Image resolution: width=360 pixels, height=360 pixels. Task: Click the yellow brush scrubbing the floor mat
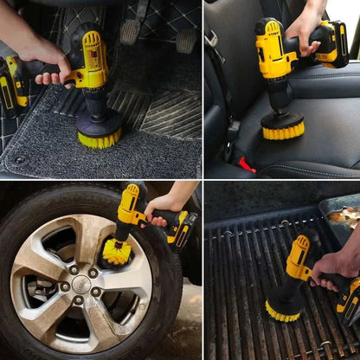(x=99, y=138)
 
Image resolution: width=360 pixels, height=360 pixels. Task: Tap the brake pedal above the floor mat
(x=130, y=31)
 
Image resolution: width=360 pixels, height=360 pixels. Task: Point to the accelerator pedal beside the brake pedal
(x=186, y=38)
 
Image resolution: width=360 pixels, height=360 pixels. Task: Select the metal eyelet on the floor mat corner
(x=19, y=160)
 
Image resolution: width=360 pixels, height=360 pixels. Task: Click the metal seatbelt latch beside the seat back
(x=212, y=40)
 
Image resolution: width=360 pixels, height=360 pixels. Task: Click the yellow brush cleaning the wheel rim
(x=117, y=253)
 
